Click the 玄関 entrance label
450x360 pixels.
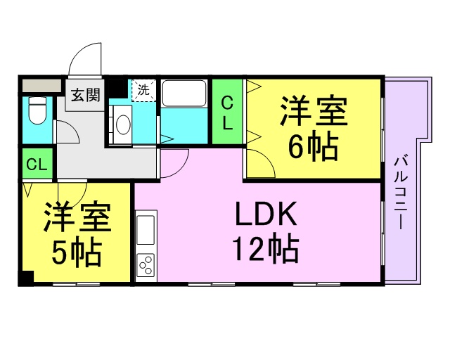coord(86,95)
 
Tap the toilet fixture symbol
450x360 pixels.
coord(38,110)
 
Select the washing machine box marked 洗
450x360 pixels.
coord(143,91)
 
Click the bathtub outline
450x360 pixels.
coord(184,94)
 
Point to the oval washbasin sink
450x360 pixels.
coord(124,124)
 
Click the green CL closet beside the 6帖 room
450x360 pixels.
coord(228,112)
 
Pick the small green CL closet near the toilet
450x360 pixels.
coord(37,164)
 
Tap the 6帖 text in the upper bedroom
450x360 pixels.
coord(314,146)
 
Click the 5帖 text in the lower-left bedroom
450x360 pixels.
coord(77,252)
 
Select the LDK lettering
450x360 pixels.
coord(266,214)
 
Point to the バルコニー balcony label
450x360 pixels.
coord(401,192)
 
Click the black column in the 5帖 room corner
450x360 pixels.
coord(27,278)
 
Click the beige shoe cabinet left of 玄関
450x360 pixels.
coord(42,86)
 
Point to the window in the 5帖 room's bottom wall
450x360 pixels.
coord(77,284)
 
